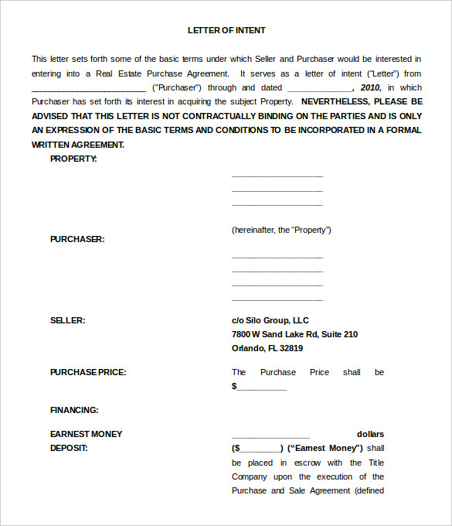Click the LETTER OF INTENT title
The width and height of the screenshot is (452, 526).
(x=226, y=30)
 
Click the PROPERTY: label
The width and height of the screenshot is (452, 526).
(x=73, y=159)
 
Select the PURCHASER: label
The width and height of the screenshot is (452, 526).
(x=77, y=239)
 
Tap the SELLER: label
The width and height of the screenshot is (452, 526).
(x=68, y=320)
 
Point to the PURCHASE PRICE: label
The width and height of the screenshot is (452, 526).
(x=88, y=372)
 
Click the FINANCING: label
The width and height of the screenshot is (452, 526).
(x=74, y=410)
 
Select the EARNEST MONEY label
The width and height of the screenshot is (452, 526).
(x=87, y=434)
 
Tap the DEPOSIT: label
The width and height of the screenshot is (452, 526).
(x=70, y=448)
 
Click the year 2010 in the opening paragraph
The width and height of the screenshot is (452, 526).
(x=371, y=87)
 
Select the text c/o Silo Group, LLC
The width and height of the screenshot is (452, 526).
(x=270, y=320)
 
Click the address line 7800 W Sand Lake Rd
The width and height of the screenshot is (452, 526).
(x=294, y=334)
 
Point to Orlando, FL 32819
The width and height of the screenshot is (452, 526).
(x=267, y=348)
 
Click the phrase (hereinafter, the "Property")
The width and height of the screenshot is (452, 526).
(x=281, y=230)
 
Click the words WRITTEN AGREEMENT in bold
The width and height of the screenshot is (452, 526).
(x=77, y=145)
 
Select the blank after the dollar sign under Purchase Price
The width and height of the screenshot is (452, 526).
(x=262, y=387)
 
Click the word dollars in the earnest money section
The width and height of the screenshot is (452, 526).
(x=370, y=434)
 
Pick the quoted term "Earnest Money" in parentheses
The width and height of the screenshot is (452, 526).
(x=325, y=448)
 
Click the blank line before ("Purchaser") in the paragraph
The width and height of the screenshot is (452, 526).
(x=89, y=89)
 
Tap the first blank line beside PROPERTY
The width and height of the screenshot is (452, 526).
(x=277, y=176)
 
